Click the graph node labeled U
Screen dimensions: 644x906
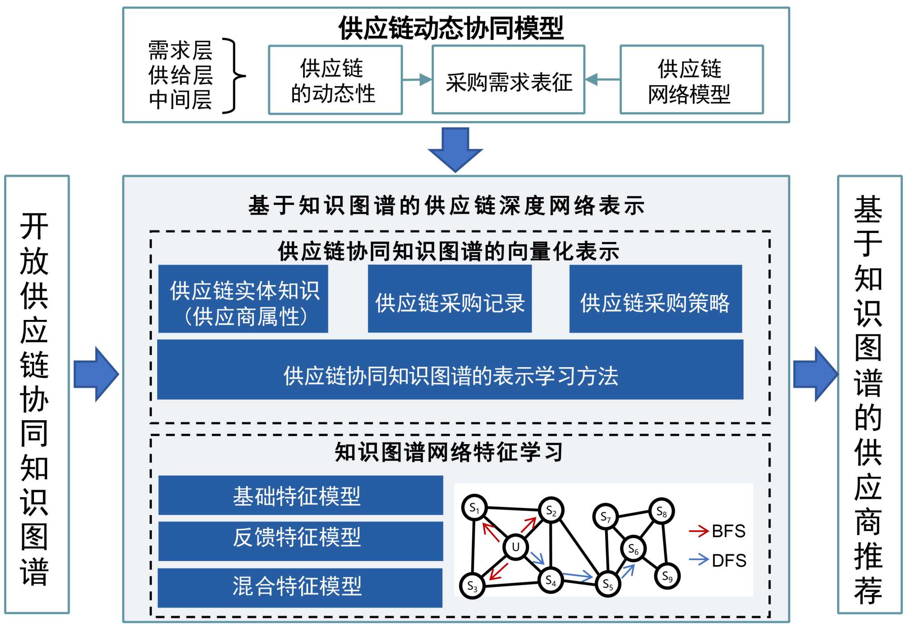(516, 547)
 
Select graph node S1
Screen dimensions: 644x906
(474, 508)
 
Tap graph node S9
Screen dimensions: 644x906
(667, 576)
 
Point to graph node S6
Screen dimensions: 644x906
(633, 549)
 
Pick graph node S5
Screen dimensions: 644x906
(607, 584)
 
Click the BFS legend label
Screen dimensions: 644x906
(728, 531)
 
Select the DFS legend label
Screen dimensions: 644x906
(728, 561)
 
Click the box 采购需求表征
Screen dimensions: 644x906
(508, 80)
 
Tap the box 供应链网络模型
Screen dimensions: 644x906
(691, 80)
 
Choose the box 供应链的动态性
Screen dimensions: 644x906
(335, 80)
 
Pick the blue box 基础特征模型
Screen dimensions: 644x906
(300, 495)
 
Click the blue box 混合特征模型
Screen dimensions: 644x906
(300, 587)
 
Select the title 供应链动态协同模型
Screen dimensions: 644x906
(451, 28)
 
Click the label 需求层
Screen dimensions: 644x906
(180, 50)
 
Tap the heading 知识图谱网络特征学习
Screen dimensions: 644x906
(449, 452)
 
